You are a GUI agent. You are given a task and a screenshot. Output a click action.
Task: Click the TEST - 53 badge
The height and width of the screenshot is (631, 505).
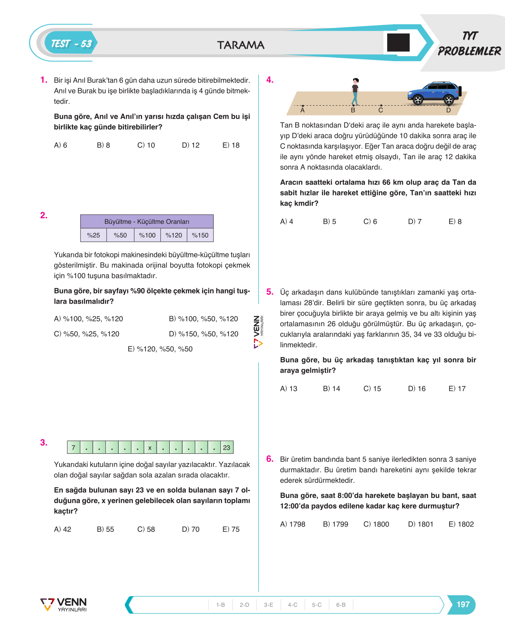(71, 43)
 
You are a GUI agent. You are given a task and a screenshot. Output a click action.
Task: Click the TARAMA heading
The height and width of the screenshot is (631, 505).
(241, 45)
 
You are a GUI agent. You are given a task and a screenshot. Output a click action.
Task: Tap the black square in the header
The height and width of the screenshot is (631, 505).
(398, 42)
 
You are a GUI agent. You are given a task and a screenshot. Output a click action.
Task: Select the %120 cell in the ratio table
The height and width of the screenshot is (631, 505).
(174, 235)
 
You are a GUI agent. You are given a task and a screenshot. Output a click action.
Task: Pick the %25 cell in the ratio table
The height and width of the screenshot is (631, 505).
(94, 235)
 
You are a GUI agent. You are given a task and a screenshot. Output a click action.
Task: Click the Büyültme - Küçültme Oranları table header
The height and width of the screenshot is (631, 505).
(147, 221)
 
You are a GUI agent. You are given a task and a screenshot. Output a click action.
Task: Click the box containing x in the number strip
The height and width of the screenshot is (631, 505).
(150, 447)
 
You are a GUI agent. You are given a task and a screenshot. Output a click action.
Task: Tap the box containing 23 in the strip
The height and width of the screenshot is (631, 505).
(227, 447)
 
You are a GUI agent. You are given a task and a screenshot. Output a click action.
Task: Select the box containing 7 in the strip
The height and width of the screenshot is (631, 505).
(74, 447)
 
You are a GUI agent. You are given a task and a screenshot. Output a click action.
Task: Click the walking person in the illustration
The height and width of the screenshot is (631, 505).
(355, 91)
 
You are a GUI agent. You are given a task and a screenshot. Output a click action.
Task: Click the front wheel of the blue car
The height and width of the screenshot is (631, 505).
(418, 100)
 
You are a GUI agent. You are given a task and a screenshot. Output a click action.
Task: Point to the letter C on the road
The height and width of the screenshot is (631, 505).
(381, 110)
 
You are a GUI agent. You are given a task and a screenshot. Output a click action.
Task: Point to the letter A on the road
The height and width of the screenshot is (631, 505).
(303, 110)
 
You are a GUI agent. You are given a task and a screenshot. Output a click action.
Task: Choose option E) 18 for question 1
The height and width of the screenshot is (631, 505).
(231, 145)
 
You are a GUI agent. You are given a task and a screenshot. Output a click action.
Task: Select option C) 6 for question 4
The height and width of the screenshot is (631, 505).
(370, 221)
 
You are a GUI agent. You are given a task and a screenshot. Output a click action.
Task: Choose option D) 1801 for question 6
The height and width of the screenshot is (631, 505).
(420, 524)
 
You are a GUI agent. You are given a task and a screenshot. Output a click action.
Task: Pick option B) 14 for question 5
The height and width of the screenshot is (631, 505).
(331, 389)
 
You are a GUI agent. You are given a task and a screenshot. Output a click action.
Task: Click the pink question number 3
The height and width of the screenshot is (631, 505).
(44, 442)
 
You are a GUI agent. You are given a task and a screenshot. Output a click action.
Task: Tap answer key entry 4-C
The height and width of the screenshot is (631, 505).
(292, 605)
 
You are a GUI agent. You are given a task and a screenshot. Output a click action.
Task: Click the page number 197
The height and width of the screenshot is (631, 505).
(463, 604)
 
